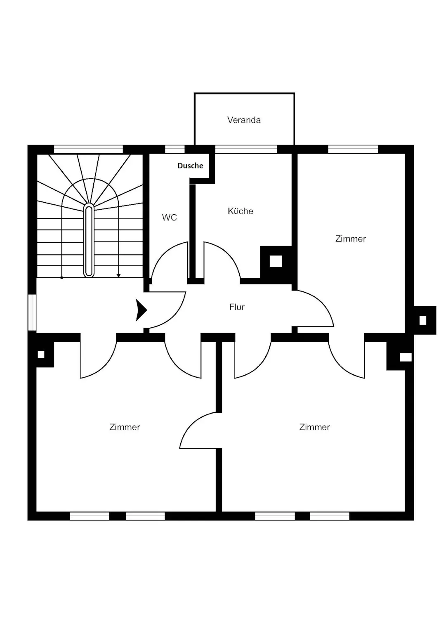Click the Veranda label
click(244, 120)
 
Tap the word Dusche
click(190, 166)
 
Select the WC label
click(170, 218)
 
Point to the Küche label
click(241, 211)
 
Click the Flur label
click(237, 307)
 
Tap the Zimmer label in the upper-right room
click(351, 239)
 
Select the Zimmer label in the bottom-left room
click(125, 427)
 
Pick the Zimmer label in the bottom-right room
click(314, 427)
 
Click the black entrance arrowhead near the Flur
click(141, 310)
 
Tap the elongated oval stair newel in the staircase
click(89, 240)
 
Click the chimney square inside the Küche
click(276, 261)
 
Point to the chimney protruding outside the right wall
click(425, 320)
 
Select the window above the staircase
click(88, 149)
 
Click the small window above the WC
click(175, 149)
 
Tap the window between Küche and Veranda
click(246, 149)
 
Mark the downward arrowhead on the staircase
click(118, 275)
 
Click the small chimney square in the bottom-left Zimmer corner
click(41, 354)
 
